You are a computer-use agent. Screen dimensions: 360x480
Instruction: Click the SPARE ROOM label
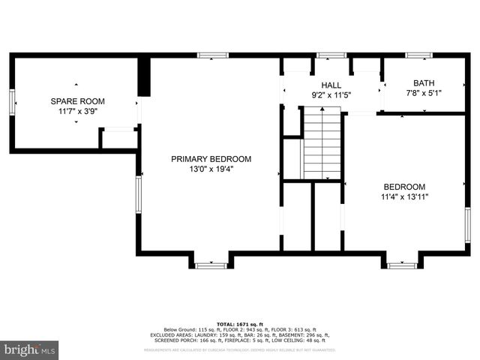pyautogui.click(x=77, y=100)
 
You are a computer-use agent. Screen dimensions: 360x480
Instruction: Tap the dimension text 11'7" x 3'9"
pyautogui.click(x=77, y=110)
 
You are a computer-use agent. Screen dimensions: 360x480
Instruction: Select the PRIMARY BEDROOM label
pyautogui.click(x=211, y=159)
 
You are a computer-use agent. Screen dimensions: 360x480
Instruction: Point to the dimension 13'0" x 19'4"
pyautogui.click(x=211, y=169)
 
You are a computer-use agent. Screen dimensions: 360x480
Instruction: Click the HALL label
pyautogui.click(x=331, y=85)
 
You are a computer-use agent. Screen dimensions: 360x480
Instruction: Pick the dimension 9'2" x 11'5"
pyautogui.click(x=331, y=95)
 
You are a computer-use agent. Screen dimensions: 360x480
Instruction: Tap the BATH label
pyautogui.click(x=424, y=83)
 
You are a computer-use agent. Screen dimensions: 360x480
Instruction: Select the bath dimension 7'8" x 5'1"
pyautogui.click(x=424, y=94)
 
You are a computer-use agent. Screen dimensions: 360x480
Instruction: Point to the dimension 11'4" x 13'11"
pyautogui.click(x=404, y=197)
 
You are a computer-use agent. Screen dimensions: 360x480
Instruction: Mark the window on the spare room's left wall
pyautogui.click(x=12, y=102)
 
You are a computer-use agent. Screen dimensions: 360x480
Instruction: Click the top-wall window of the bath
pyautogui.click(x=418, y=55)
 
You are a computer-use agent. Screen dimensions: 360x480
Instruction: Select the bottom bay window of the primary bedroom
pyautogui.click(x=211, y=265)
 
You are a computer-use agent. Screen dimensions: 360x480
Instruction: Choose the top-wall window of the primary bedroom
pyautogui.click(x=212, y=55)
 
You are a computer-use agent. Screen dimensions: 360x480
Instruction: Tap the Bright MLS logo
pyautogui.click(x=30, y=349)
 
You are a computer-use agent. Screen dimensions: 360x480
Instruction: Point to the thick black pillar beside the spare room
pyautogui.click(x=144, y=75)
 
